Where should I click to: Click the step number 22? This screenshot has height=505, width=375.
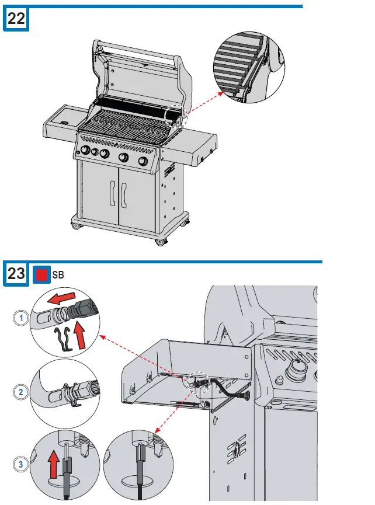16,19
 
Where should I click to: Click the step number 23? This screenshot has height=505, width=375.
16,273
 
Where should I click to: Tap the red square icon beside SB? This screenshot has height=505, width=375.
41,273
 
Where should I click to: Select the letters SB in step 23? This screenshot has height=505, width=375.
58,274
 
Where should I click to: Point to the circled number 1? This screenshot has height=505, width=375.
21,318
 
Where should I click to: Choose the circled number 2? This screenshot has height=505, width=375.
21,392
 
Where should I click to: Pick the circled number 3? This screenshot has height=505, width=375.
21,465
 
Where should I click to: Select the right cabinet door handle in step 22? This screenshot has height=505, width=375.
124,196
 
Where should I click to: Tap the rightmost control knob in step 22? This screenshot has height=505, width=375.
143,162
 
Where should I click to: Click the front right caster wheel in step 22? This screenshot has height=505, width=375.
159,241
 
